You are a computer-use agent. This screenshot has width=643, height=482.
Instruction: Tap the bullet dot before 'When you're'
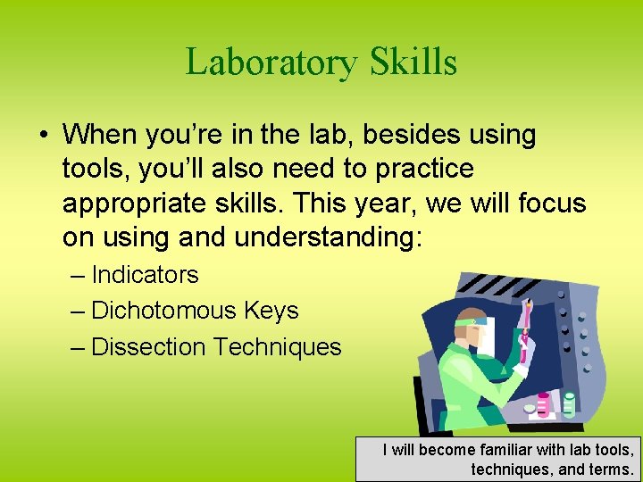[44, 136]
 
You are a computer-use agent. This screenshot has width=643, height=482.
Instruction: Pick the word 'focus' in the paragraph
[552, 204]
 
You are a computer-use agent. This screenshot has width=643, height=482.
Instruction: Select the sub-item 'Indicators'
[145, 275]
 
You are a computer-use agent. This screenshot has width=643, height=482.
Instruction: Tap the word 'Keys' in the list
[274, 311]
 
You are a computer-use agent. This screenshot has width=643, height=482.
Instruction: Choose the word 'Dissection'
[148, 346]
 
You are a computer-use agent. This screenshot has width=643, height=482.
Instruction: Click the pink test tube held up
[527, 326]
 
